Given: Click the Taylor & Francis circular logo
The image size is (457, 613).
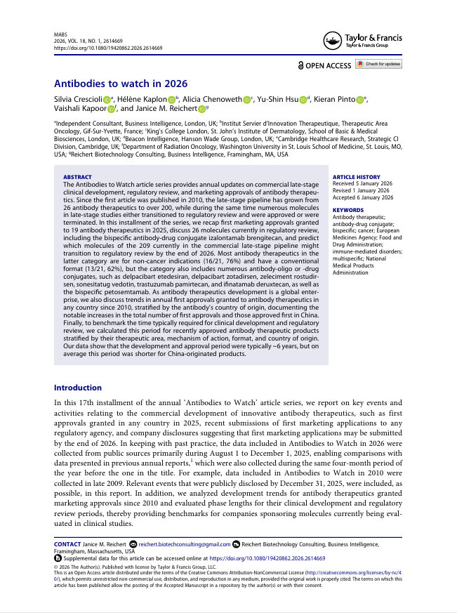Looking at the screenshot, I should [334, 41].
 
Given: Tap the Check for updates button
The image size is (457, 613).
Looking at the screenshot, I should [378, 65].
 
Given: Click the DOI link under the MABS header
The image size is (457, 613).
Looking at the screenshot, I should [108, 48].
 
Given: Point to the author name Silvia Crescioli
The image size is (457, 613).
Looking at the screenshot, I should [78, 99].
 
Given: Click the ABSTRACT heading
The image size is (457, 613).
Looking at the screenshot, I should [77, 177].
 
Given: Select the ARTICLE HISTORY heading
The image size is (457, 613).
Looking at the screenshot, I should [356, 177].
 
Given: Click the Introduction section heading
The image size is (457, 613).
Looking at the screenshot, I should [78, 388].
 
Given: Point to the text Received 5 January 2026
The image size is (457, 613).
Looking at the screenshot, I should [362, 184].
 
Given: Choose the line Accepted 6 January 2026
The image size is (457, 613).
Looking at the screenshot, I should [362, 197].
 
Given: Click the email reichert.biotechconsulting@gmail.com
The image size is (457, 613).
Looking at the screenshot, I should [184, 543].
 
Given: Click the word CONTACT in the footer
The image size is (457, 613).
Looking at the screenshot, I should [68, 543].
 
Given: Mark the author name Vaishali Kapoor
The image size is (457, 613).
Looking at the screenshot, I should [79, 109].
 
